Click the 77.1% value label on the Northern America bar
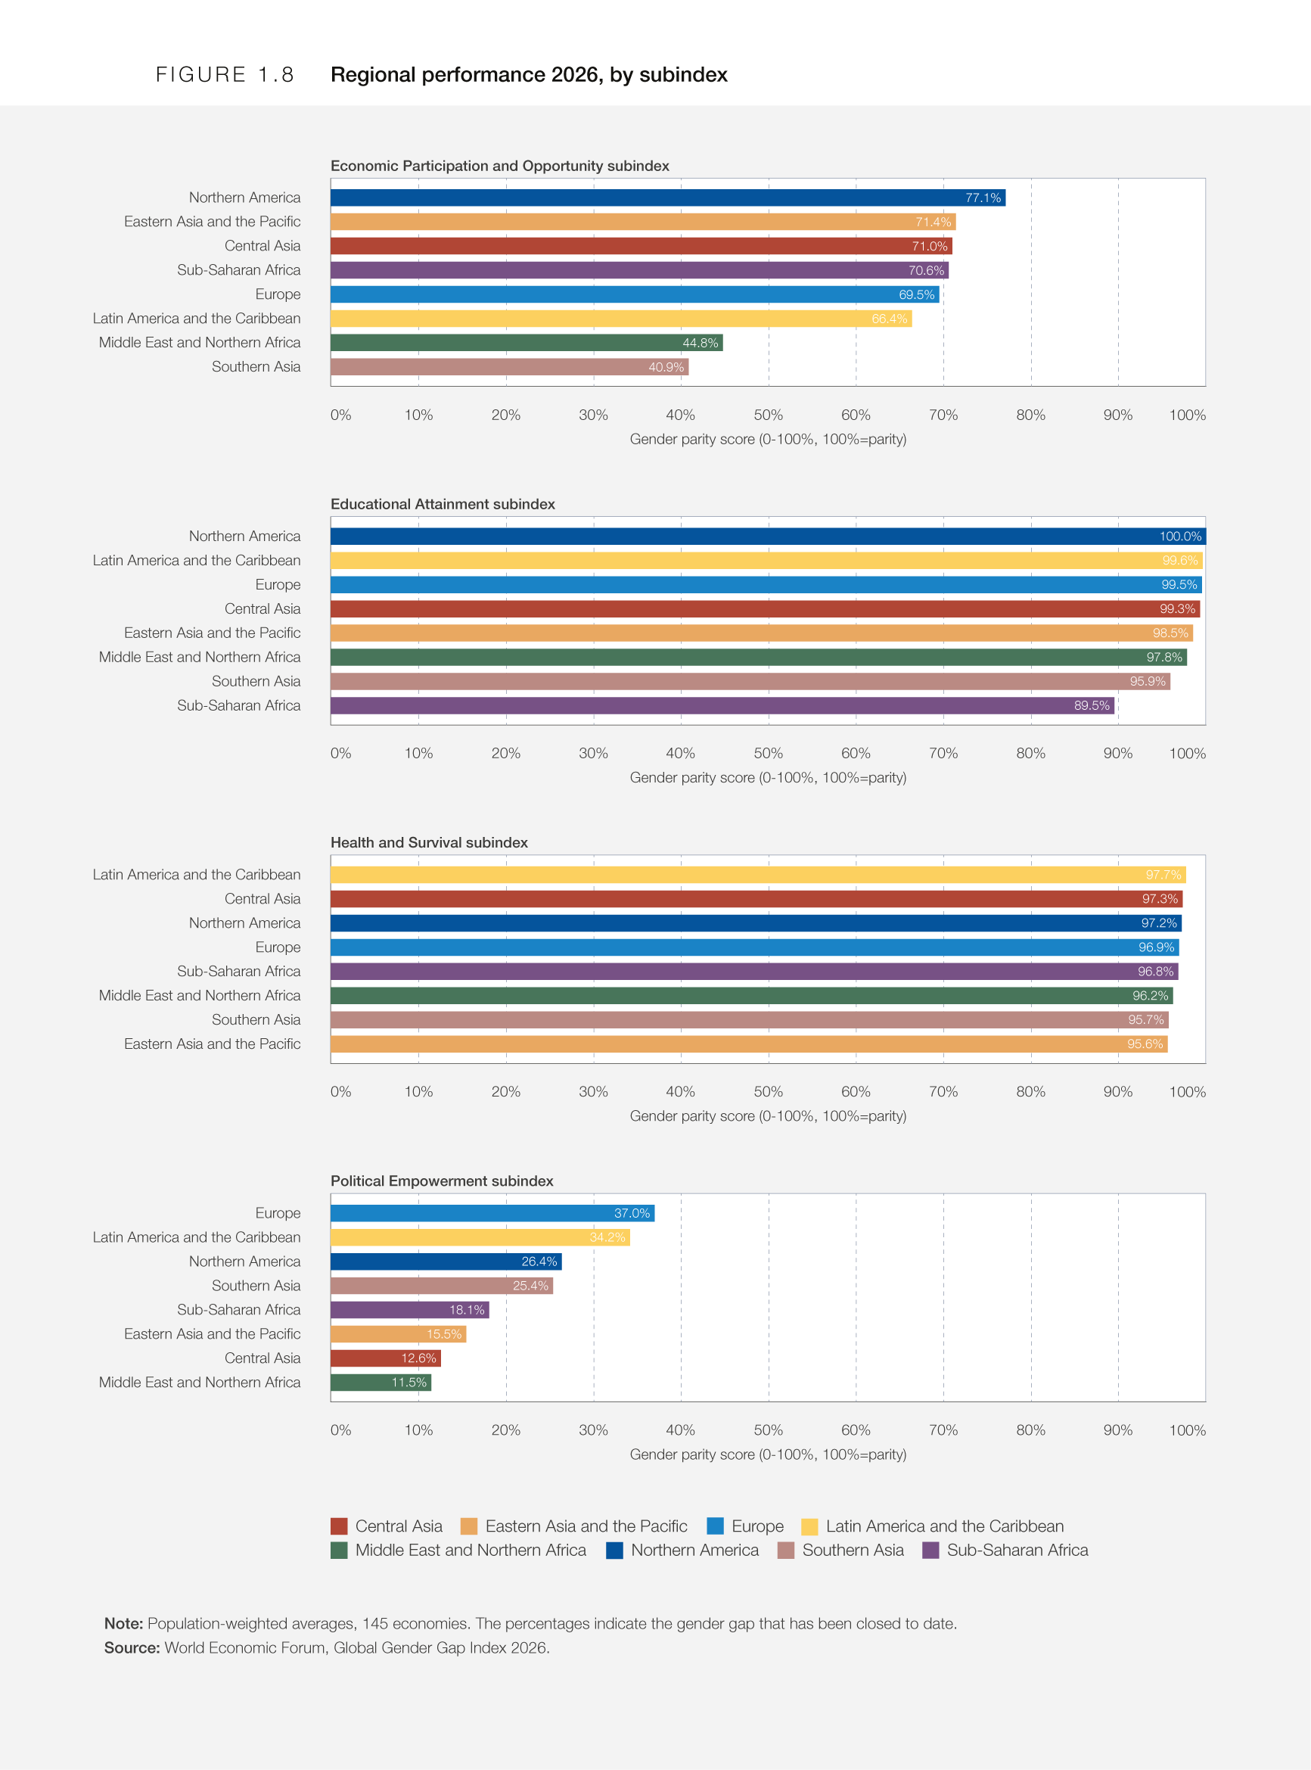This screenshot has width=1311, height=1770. pos(983,198)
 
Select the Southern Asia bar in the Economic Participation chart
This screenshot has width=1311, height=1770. pos(509,367)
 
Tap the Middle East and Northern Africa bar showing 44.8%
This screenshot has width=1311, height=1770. pos(527,343)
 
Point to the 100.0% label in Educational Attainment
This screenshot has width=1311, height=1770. pos(1180,537)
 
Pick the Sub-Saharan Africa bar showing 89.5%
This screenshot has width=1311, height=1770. pos(722,705)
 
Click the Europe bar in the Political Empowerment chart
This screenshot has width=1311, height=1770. pos(492,1214)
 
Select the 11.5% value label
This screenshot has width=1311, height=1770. pos(409,1383)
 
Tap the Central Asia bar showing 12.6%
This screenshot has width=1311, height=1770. pos(386,1359)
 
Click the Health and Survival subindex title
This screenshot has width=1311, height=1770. pos(430,842)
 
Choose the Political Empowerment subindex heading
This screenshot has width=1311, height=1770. pos(442,1181)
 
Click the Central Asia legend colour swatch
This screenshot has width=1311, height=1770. pos(339,1526)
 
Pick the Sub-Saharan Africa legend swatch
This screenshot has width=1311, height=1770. pos(931,1550)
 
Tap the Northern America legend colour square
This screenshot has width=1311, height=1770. pos(614,1550)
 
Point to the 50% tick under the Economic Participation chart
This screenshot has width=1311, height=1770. pos(768,415)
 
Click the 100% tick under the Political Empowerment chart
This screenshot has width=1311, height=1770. pos(1187,1430)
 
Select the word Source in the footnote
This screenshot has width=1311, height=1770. pos(132,1647)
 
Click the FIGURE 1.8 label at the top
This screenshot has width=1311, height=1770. pos(225,75)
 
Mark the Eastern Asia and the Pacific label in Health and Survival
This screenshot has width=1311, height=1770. pos(212,1044)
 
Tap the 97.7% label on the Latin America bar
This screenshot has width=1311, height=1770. pos(1163,875)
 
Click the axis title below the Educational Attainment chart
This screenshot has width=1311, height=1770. pos(768,778)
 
